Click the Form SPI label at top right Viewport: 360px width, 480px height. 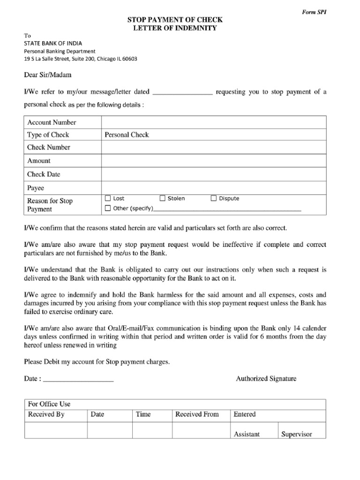[x=314, y=12]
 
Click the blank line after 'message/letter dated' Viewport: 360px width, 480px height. [x=183, y=92]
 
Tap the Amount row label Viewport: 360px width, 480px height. [x=39, y=161]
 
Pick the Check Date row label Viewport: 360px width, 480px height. [x=44, y=174]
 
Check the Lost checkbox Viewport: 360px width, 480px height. [x=108, y=198]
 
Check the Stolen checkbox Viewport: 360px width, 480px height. [x=163, y=198]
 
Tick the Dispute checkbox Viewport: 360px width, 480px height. [x=214, y=198]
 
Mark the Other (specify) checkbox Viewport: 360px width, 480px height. [x=108, y=208]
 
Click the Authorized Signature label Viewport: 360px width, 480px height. [x=266, y=378]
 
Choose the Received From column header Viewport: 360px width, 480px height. [x=197, y=414]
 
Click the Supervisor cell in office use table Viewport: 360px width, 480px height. [x=296, y=434]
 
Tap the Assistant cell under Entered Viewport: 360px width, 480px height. [x=247, y=434]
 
